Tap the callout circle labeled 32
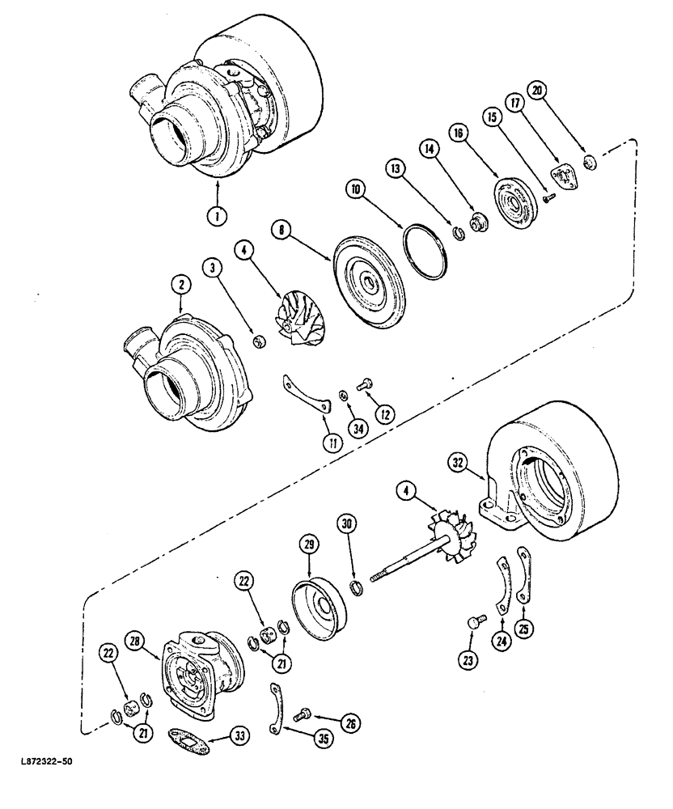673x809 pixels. pos(459,462)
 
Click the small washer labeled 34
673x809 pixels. pos(343,394)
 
